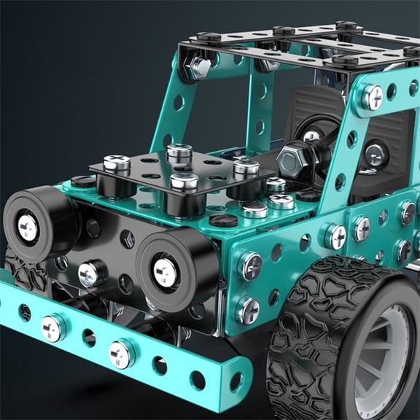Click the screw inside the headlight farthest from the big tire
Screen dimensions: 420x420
pyautogui.click(x=28, y=227)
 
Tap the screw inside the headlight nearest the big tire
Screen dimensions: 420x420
pyautogui.click(x=165, y=272)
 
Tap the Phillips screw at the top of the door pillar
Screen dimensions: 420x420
pyautogui.click(x=372, y=96)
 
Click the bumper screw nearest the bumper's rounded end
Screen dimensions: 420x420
pyautogui.click(x=121, y=354)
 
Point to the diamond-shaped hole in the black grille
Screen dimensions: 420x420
pyautogui.click(x=127, y=239)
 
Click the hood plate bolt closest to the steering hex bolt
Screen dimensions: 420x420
pyautogui.click(x=246, y=169)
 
